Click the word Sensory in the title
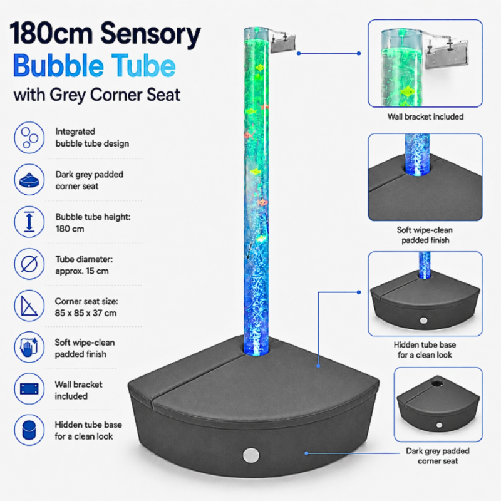150,34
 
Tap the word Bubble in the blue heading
59,66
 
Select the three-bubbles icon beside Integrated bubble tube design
29,137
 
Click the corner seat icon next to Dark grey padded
29,180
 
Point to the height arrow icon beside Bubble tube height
29,222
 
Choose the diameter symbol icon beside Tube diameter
29,264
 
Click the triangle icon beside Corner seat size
29,306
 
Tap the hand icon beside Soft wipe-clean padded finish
29,348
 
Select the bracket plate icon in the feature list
29,389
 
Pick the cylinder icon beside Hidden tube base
29,430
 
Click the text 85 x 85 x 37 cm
86,313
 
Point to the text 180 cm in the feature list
70,229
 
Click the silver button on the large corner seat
251,455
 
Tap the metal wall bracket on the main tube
283,42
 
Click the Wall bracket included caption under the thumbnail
425,117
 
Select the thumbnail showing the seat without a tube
438,405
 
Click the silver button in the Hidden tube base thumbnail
424,321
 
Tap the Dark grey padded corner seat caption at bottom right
438,456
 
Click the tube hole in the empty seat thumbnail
435,383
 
